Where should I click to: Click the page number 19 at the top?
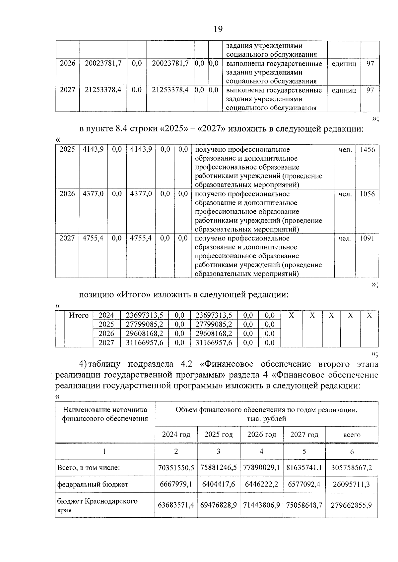pos(218,29)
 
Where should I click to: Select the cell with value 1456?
pos(367,150)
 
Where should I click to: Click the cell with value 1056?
pos(367,194)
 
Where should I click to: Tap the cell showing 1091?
pos(367,238)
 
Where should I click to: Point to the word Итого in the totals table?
pos(79,316)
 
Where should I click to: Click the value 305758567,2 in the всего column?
pos(352,468)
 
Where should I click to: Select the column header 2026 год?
pos(261,434)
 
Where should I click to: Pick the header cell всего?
pos(352,435)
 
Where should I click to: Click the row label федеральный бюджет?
pos(93,485)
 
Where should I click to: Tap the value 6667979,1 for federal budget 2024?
pos(176,485)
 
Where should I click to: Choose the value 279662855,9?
pos(352,505)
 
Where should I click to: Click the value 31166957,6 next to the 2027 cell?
pos(145,343)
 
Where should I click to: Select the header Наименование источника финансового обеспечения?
pos(105,414)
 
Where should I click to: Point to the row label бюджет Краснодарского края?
pos(97,505)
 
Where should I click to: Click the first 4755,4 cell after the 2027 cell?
pos(93,238)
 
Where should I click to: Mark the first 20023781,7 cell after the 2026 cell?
pos(103,63)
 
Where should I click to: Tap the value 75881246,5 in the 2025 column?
pos(218,468)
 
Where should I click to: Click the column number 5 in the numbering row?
pos(304,451)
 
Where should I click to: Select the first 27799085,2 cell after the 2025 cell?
pos(145,325)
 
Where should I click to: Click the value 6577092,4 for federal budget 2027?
pos(304,485)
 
